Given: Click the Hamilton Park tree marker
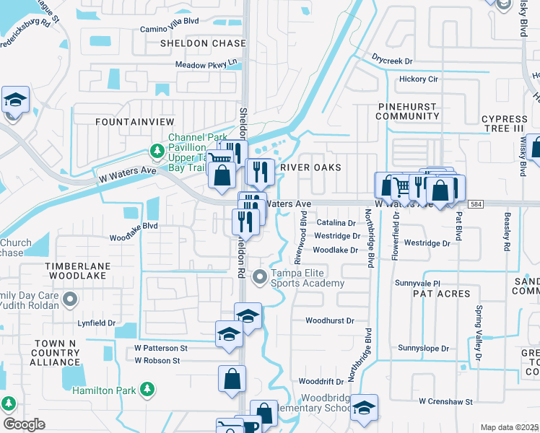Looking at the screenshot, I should [147, 390].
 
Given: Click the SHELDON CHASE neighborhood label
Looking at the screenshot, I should [203, 43].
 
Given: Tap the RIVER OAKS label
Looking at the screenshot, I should [310, 167].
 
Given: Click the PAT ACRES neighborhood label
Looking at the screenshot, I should [441, 294].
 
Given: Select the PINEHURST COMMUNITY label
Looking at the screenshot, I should [407, 111].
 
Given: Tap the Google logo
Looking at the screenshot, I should [24, 424].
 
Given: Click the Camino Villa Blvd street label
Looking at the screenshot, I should [170, 21].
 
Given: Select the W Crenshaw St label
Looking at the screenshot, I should [445, 401].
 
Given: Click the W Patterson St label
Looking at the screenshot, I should [161, 348].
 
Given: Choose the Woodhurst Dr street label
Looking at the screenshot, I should [329, 320].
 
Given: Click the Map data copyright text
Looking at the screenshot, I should [509, 427].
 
